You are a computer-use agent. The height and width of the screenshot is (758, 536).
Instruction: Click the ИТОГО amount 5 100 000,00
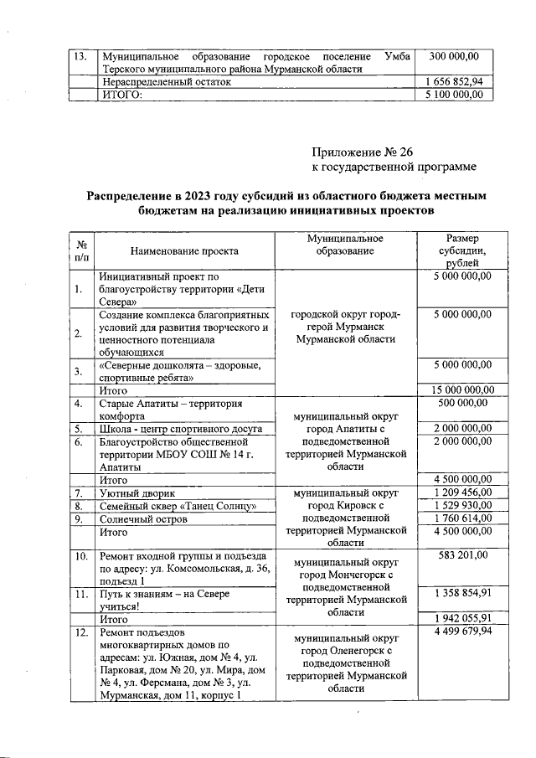pyautogui.click(x=455, y=95)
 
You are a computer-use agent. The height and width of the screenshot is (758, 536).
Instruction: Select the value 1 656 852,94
pyautogui.click(x=455, y=82)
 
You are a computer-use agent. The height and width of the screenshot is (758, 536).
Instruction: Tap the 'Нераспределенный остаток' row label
pyautogui.click(x=165, y=83)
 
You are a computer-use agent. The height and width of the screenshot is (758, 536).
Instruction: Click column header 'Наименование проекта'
pyautogui.click(x=184, y=250)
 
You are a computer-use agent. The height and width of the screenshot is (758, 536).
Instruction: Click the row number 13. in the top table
pyautogui.click(x=81, y=56)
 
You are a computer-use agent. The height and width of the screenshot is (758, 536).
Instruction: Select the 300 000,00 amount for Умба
pyautogui.click(x=454, y=56)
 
